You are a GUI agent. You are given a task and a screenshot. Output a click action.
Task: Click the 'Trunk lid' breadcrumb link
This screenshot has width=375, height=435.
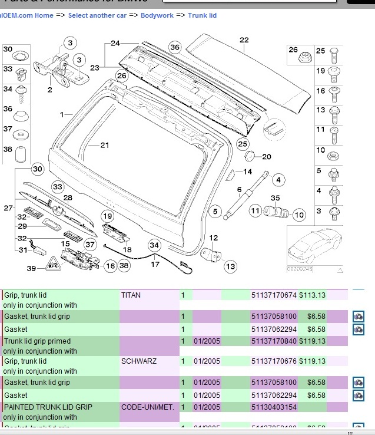[203, 15]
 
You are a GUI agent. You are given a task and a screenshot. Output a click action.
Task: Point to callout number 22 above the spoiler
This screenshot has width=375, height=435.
[244, 40]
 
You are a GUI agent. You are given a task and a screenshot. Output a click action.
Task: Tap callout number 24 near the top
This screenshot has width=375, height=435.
[115, 43]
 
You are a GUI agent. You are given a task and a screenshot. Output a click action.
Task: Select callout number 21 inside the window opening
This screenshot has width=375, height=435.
[105, 145]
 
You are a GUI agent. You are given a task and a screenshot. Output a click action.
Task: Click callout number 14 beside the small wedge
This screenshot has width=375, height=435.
[247, 172]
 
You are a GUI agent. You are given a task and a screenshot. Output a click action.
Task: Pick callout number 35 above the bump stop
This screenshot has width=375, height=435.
[276, 198]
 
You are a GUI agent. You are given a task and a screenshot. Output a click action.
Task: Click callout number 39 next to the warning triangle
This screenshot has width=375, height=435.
[31, 269]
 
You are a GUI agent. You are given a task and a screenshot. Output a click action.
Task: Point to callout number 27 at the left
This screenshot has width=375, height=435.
[8, 208]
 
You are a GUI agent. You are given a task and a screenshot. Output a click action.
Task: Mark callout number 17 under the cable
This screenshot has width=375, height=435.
[155, 264]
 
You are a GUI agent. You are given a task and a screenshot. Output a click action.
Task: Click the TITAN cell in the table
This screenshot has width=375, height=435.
[131, 295]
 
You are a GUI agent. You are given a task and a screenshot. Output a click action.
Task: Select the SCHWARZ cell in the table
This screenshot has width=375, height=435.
[139, 361]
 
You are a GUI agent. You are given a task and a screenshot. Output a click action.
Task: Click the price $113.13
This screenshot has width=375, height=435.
[312, 295]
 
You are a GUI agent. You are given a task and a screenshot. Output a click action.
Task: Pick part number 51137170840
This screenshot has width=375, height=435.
[274, 341]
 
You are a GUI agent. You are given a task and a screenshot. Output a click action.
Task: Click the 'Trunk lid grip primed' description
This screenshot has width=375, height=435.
[38, 341]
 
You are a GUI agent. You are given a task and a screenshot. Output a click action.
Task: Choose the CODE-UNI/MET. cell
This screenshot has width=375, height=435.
[148, 407]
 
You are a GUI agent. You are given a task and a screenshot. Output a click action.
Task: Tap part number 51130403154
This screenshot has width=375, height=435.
[274, 407]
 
